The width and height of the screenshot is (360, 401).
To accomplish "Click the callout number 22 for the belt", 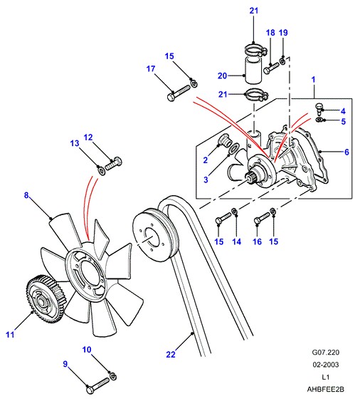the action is (x=171, y=355).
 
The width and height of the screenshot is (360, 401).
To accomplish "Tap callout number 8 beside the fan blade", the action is (x=26, y=195).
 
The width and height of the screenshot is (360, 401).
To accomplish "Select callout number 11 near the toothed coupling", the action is (x=10, y=335).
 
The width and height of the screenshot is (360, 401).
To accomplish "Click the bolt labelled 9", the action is (x=98, y=385).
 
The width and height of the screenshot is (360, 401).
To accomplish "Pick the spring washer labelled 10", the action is (x=112, y=376).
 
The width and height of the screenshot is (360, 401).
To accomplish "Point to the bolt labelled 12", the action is (x=113, y=163).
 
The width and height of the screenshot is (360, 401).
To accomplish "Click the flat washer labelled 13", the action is (x=101, y=170).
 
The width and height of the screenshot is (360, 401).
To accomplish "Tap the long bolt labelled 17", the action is (x=179, y=93).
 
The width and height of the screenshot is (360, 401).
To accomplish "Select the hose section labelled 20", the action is (x=253, y=71).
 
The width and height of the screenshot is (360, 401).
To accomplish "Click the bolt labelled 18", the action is (x=271, y=68).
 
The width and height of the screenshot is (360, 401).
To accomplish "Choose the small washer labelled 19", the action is (x=282, y=61).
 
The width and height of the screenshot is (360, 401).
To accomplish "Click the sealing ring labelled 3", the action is (x=234, y=148).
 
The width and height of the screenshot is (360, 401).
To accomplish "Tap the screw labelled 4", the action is (x=319, y=108).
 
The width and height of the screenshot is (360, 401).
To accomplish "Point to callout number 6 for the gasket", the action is (x=346, y=152).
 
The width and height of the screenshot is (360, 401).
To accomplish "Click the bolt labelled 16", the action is (x=262, y=219).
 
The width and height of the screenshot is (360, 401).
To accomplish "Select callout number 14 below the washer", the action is (x=237, y=241).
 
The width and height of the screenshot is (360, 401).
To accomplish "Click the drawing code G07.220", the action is (x=326, y=353).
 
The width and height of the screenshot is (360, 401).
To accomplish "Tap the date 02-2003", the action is (x=326, y=365).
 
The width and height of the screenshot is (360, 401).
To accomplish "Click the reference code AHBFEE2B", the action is (x=326, y=389).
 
